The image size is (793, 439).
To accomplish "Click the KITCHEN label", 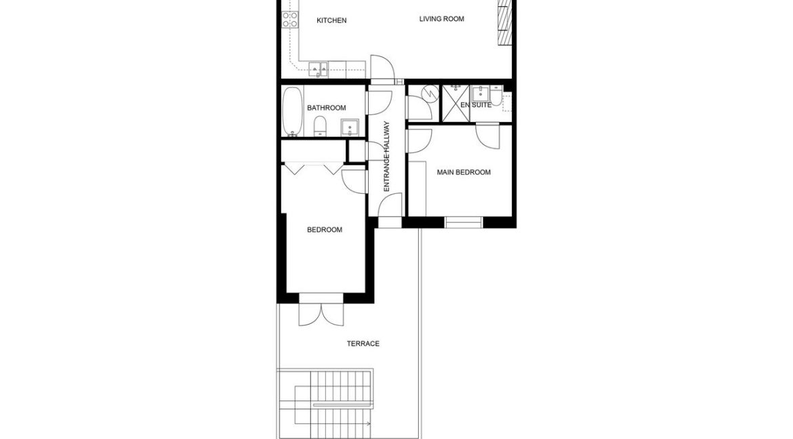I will click(331, 20).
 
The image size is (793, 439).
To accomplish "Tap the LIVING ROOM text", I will click(441, 19).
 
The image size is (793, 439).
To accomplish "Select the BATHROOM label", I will click(326, 108).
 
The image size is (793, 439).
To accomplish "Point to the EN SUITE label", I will click(476, 105).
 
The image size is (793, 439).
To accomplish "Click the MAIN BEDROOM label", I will click(464, 172).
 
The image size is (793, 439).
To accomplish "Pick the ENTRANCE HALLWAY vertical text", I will click(386, 156).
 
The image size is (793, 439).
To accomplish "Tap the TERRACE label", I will click(363, 343).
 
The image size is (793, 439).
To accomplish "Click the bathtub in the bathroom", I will click(292, 111).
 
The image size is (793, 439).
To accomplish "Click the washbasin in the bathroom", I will click(350, 127).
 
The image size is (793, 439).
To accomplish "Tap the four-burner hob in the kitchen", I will click(290, 20).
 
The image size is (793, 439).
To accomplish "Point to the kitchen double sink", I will click(319, 67).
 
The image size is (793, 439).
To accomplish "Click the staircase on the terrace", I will click(325, 404).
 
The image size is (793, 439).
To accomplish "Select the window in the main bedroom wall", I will click(464, 222).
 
